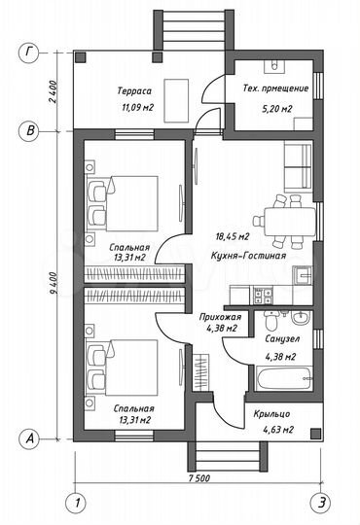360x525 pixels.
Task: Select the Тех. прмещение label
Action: point(275,89)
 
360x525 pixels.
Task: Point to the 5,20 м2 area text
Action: point(275,109)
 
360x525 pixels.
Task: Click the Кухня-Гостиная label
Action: point(248,256)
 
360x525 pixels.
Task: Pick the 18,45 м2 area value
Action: point(233,236)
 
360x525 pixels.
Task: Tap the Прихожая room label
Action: point(216,317)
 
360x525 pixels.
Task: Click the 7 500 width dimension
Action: point(199,478)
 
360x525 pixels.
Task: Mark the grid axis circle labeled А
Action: point(31,439)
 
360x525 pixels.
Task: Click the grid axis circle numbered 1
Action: point(72,503)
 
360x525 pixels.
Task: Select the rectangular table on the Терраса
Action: point(179,97)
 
